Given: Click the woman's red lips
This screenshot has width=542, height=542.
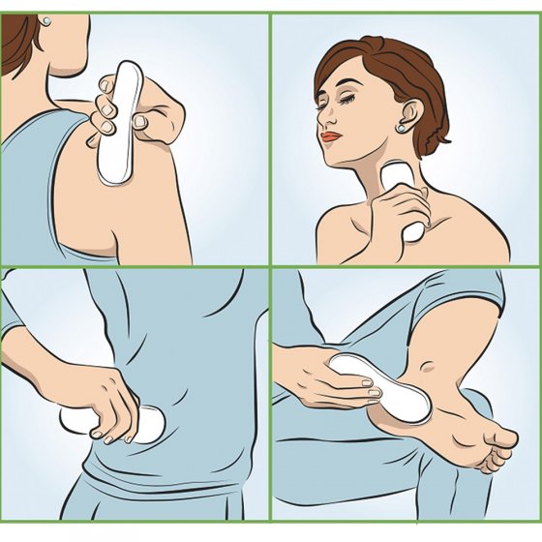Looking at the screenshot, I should click(331, 136).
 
